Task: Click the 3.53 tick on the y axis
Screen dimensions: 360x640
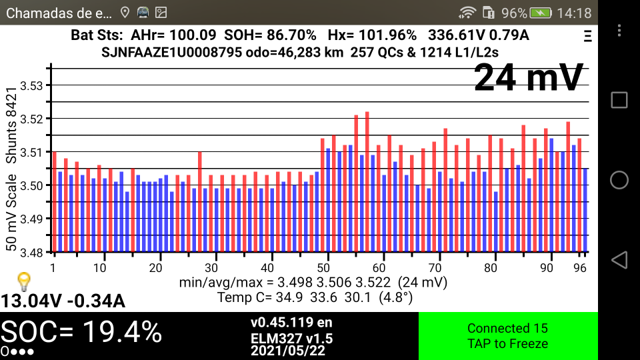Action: tap(31, 85)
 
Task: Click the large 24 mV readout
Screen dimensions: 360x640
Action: tap(529, 78)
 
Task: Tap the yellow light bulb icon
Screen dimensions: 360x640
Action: tap(24, 280)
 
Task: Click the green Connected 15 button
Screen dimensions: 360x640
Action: tap(507, 336)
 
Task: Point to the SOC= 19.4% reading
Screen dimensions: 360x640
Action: tap(81, 331)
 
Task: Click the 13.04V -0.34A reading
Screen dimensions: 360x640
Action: tap(63, 301)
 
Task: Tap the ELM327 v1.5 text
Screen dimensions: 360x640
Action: tap(291, 338)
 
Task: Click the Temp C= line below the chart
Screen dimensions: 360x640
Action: tap(315, 297)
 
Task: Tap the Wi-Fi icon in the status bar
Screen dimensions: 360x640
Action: tap(468, 13)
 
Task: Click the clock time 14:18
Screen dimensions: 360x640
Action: tap(573, 13)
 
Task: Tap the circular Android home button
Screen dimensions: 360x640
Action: tap(619, 180)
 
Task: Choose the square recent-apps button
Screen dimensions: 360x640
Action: tap(619, 100)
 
